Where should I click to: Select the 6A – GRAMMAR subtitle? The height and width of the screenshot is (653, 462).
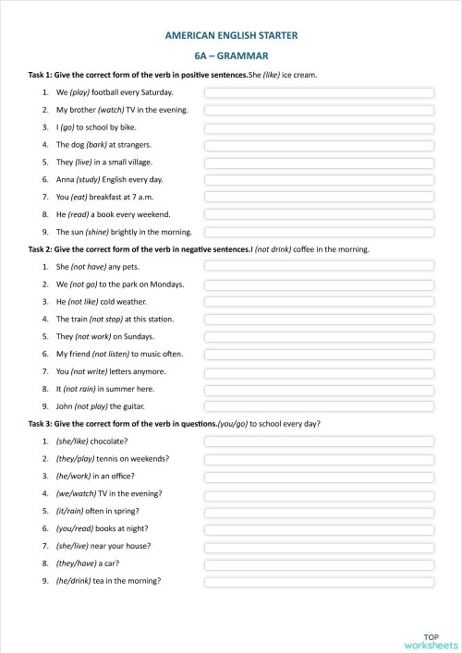click(x=231, y=54)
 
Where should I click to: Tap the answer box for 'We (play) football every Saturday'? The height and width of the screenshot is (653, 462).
click(x=319, y=92)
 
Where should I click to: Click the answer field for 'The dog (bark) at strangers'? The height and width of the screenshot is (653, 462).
click(x=319, y=145)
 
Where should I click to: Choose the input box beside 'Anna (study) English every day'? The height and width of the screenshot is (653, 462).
click(x=319, y=179)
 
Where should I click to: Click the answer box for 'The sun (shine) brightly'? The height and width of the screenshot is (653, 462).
click(x=319, y=232)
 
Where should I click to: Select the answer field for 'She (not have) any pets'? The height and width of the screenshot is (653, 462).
click(x=319, y=266)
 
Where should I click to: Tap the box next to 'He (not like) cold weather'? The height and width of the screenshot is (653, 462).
click(x=319, y=301)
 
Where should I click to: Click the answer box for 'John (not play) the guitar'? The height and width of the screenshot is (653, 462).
click(x=319, y=405)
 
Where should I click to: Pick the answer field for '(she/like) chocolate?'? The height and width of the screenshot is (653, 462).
click(x=319, y=441)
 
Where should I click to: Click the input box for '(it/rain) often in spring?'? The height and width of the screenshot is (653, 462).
click(x=319, y=511)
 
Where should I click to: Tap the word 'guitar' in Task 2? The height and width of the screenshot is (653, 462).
click(x=132, y=405)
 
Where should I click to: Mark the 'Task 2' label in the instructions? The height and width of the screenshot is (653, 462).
click(x=42, y=249)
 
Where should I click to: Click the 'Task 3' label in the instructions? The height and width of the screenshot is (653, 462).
click(x=42, y=423)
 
